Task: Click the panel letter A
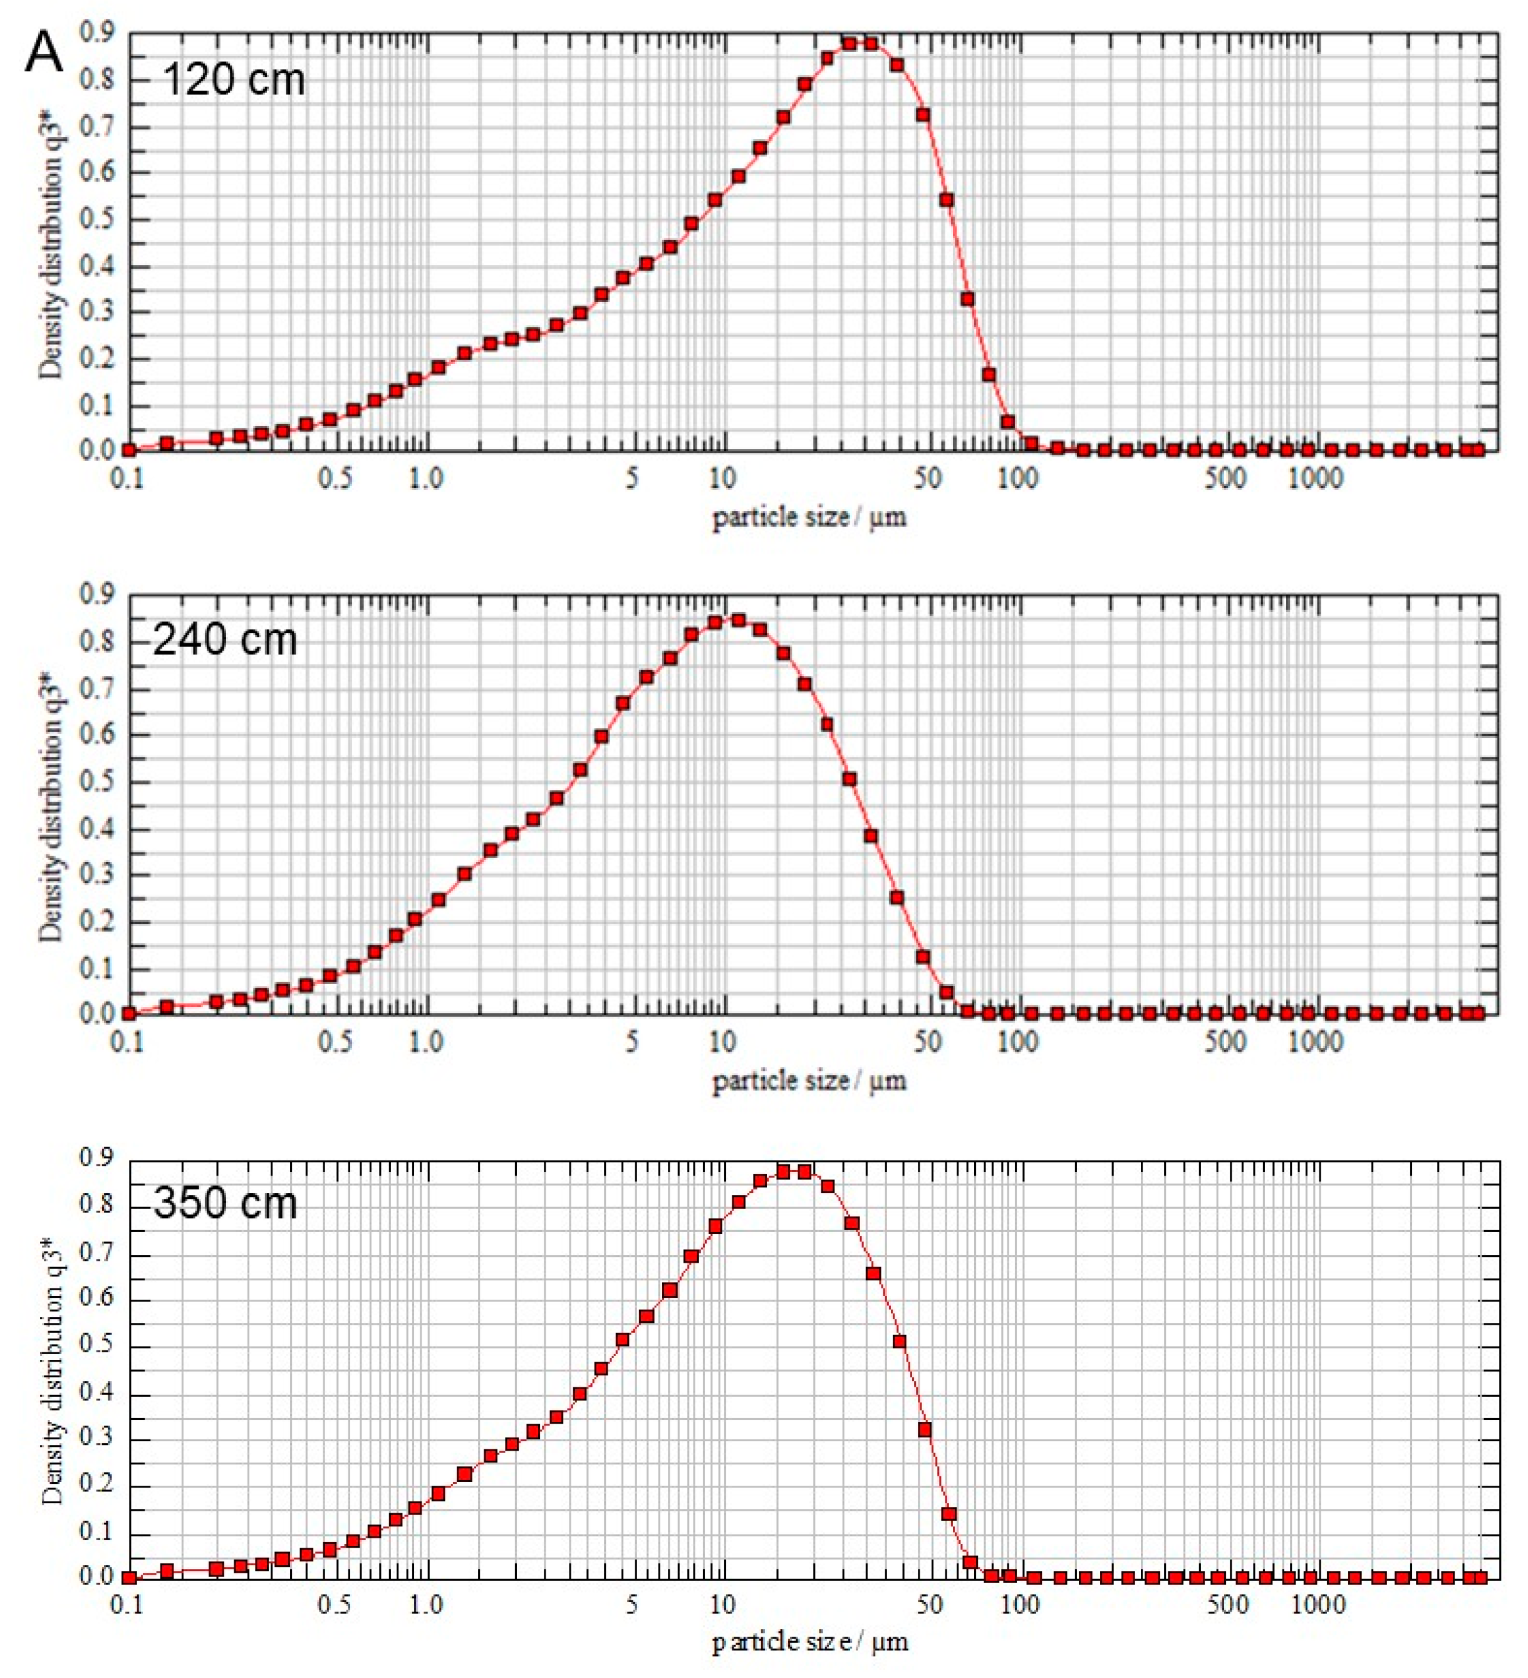point(44,53)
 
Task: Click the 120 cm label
point(233,80)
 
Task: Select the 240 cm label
point(225,640)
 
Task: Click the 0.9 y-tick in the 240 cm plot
point(96,594)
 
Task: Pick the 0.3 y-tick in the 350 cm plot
point(96,1440)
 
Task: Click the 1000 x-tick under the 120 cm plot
point(1314,479)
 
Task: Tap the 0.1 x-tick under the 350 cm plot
point(127,1605)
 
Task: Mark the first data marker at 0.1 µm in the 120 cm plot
point(129,450)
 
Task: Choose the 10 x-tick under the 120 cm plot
point(722,479)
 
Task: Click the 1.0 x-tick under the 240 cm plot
point(425,1041)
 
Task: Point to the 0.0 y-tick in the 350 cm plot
point(96,1577)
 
